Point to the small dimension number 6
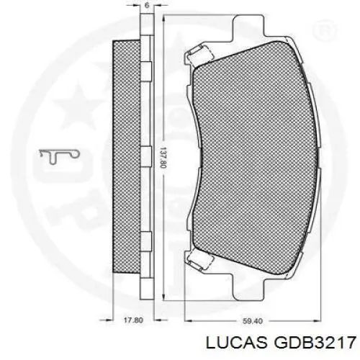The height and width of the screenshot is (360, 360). [x=146, y=5]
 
